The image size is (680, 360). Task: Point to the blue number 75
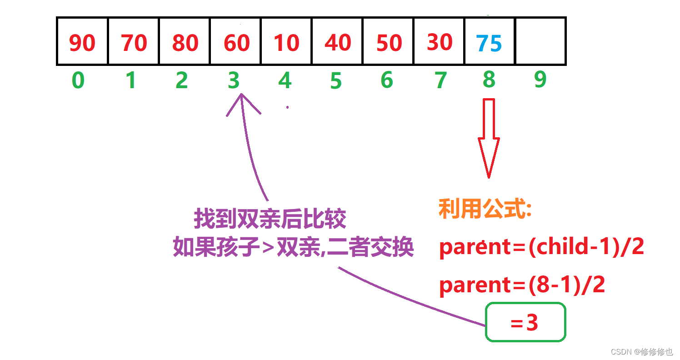[489, 44]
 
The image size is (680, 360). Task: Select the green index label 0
[78, 80]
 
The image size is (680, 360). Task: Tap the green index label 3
[233, 80]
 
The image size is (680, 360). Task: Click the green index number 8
[489, 80]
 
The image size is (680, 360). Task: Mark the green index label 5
[335, 81]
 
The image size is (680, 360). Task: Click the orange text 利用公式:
[485, 210]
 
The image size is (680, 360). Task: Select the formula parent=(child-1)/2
[541, 247]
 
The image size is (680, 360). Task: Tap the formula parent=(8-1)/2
[522, 285]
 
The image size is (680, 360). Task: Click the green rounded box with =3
[525, 322]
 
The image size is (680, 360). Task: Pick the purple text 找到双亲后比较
[270, 219]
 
